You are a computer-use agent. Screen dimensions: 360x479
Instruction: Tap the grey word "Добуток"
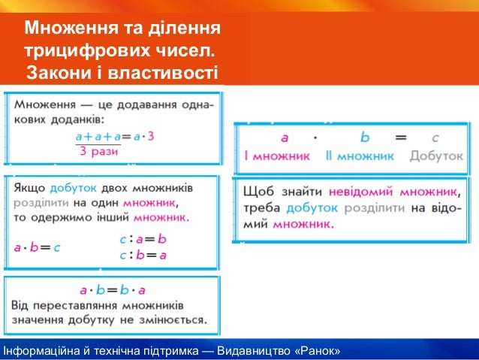[x=436, y=156]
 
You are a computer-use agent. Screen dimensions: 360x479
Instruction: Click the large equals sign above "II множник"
[x=400, y=138]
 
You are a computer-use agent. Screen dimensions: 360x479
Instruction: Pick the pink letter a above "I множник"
[x=285, y=138]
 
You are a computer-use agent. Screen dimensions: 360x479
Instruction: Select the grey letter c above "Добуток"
[x=435, y=138]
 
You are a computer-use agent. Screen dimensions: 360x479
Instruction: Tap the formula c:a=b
[x=143, y=238]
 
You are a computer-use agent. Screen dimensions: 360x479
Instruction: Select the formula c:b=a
[x=143, y=254]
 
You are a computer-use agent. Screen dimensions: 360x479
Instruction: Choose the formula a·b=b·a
[x=113, y=289]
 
